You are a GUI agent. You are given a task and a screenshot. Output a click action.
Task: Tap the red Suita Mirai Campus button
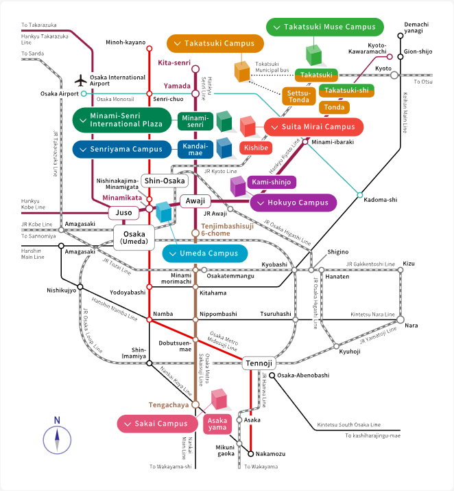[314, 127]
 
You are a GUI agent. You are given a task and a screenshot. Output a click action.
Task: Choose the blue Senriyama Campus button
[121, 149]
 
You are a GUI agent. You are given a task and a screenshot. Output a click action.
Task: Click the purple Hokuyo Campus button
[294, 203]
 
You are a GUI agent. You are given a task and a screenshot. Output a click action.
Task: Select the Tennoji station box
[259, 363]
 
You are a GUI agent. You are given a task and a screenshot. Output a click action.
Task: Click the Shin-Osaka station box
[165, 180]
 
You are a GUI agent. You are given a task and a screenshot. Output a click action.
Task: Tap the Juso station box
[123, 213]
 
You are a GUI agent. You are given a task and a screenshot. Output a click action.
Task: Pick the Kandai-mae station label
[195, 149]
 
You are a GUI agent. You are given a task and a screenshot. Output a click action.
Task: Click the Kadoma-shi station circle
[360, 196]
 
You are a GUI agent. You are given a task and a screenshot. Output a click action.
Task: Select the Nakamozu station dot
[251, 453]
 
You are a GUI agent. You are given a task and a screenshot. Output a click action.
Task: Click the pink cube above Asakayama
[219, 399]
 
